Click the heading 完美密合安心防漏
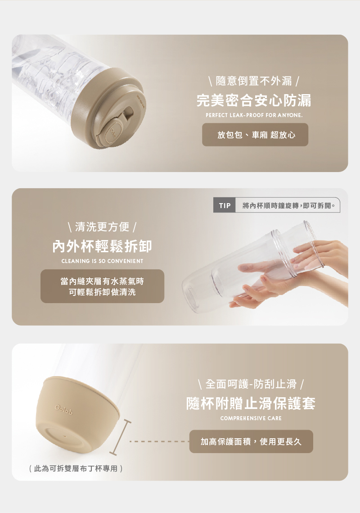(254, 100)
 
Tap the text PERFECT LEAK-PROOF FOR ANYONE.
(254, 115)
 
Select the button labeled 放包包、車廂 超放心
(255, 135)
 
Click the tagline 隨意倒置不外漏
(254, 81)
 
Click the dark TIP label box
(224, 205)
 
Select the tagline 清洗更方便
(102, 227)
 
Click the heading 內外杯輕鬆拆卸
(102, 246)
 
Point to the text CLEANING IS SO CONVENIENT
(102, 261)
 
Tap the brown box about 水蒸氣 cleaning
(102, 286)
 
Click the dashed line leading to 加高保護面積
(159, 442)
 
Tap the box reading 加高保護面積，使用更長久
(251, 442)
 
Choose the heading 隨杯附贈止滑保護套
(251, 404)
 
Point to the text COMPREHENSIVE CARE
(251, 418)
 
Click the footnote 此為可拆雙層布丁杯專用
(76, 468)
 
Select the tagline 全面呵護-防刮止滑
(251, 384)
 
